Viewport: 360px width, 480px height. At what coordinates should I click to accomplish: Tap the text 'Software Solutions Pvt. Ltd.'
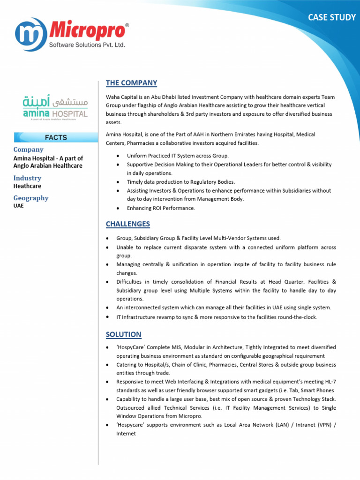87,45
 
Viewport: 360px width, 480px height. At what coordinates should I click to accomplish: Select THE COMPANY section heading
131,83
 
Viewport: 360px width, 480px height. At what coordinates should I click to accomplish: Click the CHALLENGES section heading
127,224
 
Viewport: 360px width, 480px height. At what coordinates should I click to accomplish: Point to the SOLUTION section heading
123,334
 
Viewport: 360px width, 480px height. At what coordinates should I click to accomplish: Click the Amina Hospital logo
55,107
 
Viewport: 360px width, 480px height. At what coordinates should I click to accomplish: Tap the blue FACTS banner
55,137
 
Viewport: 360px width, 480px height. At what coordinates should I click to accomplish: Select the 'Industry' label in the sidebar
27,178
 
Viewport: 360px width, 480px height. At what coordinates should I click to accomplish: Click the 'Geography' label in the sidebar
31,198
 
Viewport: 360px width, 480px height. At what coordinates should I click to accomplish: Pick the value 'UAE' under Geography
19,206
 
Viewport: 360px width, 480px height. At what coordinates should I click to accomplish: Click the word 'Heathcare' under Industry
27,186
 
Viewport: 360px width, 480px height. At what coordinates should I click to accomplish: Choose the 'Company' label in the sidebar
28,150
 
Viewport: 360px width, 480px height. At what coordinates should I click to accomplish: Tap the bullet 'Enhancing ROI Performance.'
161,208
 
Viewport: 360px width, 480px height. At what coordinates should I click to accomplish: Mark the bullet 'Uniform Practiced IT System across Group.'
178,156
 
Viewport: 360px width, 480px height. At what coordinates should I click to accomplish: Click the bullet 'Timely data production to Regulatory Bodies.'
181,182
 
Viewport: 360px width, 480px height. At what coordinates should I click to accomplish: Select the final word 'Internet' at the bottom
126,434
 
